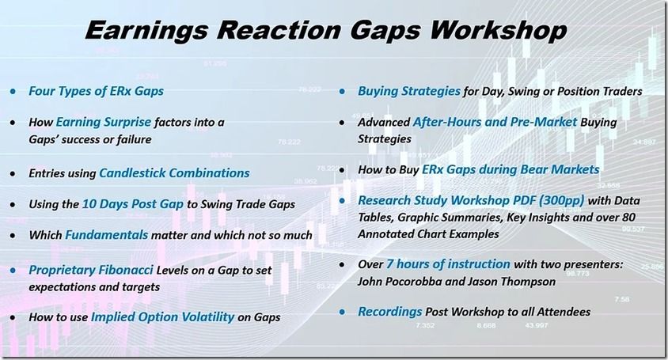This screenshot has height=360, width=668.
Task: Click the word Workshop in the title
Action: (x=498, y=31)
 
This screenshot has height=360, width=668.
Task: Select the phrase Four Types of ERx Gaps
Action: (x=97, y=91)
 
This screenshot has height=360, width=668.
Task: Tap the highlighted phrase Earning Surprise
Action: (x=104, y=123)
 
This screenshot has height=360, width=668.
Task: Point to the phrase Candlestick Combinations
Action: (x=175, y=173)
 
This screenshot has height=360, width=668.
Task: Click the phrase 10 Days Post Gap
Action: (x=132, y=204)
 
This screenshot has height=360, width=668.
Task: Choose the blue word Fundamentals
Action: (x=107, y=235)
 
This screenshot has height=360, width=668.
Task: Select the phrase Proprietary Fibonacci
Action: (x=91, y=270)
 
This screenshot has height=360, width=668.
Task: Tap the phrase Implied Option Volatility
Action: (x=163, y=317)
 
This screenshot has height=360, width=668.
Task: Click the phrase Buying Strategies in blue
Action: (x=409, y=91)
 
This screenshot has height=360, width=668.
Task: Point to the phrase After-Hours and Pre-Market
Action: (x=495, y=122)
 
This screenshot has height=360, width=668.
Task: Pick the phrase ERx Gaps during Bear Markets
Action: (x=510, y=169)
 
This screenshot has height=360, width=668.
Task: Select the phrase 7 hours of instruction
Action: (x=448, y=264)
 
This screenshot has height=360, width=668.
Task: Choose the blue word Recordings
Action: (x=390, y=312)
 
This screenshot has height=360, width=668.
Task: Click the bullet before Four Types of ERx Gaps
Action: (x=13, y=91)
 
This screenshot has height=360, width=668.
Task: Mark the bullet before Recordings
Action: (x=342, y=313)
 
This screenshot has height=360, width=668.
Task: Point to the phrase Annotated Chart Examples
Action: (x=428, y=234)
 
